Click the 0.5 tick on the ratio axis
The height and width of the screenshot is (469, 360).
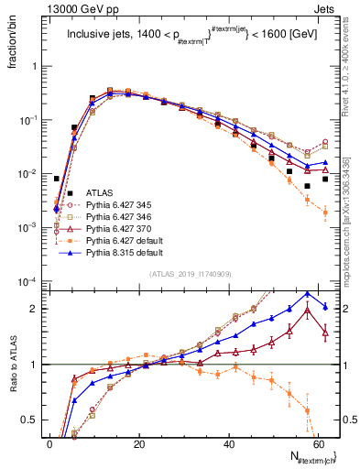(33, 420)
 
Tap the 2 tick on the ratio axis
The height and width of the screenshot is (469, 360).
(37, 309)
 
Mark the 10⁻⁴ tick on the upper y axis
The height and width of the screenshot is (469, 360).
(30, 281)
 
